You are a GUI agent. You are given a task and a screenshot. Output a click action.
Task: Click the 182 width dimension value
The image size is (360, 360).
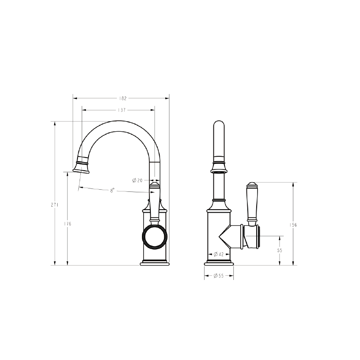coord(122,98)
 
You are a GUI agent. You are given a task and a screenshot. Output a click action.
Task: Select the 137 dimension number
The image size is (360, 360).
coord(121,110)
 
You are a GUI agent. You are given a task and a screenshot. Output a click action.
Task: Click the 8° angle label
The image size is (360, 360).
coord(112,191)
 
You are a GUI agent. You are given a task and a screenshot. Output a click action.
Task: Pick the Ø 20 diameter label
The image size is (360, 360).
coord(137,180)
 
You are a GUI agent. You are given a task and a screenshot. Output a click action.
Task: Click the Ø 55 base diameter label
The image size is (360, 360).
coord(219,276)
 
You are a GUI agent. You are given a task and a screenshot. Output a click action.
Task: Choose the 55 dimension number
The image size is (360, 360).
coord(280,250)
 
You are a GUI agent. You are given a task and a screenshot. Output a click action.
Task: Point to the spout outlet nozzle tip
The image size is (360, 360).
coord(82,169)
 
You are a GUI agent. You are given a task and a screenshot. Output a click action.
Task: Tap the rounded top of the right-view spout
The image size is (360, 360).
coord(219,127)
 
